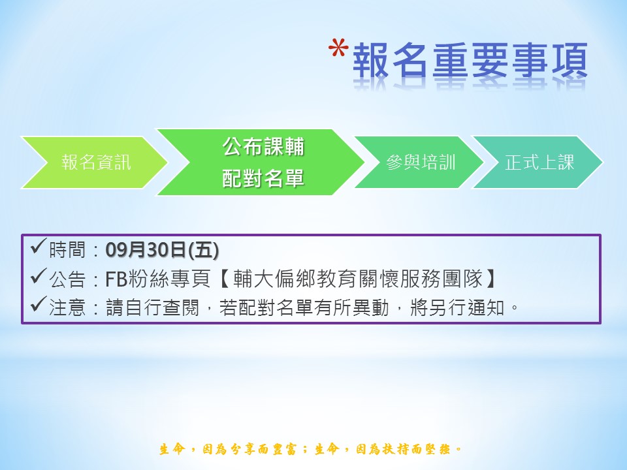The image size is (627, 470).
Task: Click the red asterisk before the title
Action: (338, 48)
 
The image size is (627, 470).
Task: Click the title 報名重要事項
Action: (470, 61)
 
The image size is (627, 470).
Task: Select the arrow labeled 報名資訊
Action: (94, 163)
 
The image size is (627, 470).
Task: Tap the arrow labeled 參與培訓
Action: (419, 163)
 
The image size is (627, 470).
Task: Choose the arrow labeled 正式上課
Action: (538, 163)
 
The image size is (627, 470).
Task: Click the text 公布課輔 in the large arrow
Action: (263, 146)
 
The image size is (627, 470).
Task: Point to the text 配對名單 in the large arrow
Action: (263, 178)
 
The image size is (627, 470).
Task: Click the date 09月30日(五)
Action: (162, 250)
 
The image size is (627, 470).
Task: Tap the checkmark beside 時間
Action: (39, 247)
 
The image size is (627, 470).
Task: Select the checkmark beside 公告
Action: (39, 275)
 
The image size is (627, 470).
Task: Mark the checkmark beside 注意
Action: (39, 305)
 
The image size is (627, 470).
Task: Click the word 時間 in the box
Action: (67, 250)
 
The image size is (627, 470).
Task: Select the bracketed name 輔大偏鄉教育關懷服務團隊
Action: (359, 279)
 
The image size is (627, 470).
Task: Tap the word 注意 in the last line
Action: (67, 308)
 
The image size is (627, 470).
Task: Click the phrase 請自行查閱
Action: (152, 308)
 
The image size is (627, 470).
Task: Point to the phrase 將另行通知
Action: (457, 308)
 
